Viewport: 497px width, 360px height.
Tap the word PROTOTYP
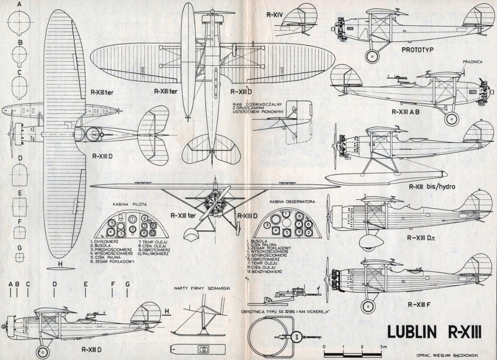click(x=417, y=49)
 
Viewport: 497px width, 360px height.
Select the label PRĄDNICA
click(x=472, y=62)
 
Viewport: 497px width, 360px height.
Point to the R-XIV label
click(x=275, y=15)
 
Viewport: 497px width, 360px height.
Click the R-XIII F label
click(x=421, y=305)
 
